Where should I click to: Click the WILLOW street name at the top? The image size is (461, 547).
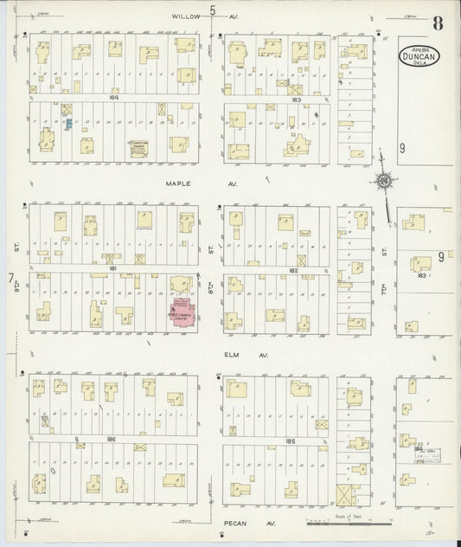[x=186, y=16]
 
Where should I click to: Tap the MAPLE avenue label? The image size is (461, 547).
[x=179, y=183]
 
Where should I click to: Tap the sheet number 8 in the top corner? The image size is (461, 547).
[x=439, y=23]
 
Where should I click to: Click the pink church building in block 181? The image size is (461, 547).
[x=182, y=312]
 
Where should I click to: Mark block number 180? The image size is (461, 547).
[x=111, y=440]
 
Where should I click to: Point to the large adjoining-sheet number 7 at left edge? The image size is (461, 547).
[x=10, y=279]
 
